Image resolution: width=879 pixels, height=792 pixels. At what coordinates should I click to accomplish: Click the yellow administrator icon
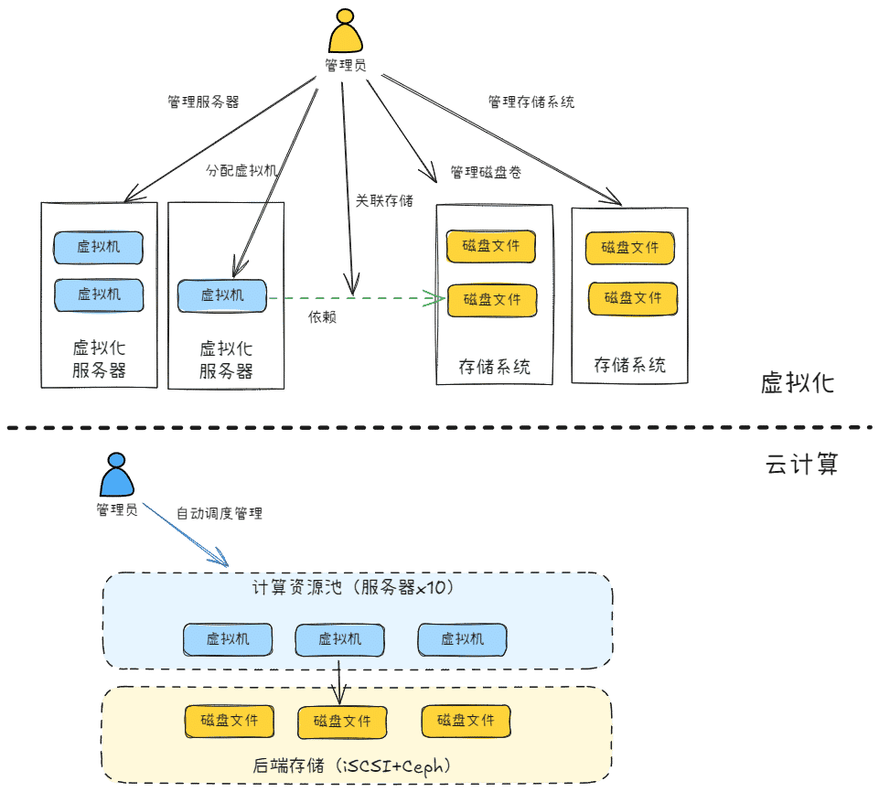pos(346,31)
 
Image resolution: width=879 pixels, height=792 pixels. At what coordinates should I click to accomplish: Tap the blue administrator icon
pos(116,475)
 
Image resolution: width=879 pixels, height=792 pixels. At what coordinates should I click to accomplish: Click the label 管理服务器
pos(203,102)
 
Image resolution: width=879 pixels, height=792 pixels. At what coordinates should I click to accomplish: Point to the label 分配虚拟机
pos(241,170)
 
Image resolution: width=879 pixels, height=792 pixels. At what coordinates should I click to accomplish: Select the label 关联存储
pos(384,200)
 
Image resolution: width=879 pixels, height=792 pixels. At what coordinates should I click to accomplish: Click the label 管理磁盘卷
pos(486,172)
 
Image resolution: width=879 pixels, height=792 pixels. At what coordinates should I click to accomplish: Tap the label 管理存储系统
pos(531,102)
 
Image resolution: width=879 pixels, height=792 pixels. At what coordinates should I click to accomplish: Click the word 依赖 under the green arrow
pos(322,317)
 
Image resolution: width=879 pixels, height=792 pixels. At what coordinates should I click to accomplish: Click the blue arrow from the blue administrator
pos(186,535)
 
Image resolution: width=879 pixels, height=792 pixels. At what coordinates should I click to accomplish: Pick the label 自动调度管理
pos(220,513)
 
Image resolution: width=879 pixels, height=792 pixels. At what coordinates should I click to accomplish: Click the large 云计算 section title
pos(801,465)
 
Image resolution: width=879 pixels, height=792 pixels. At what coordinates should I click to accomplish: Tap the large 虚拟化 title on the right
pos(798,383)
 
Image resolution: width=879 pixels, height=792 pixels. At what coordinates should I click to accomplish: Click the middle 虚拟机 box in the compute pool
pos(339,639)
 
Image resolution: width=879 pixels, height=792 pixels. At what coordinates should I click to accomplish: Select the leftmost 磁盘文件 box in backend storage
pos(230,721)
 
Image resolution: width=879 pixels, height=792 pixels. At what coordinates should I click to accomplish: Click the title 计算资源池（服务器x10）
pos(353,587)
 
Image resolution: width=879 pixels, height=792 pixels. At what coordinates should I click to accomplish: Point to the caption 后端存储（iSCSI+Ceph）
pos(351,765)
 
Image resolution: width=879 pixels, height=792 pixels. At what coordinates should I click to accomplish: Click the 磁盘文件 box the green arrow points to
pos(492,301)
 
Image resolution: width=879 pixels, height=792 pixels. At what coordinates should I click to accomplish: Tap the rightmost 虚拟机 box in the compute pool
pos(462,639)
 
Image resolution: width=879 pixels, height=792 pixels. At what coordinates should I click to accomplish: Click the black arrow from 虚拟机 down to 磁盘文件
pos(339,682)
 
